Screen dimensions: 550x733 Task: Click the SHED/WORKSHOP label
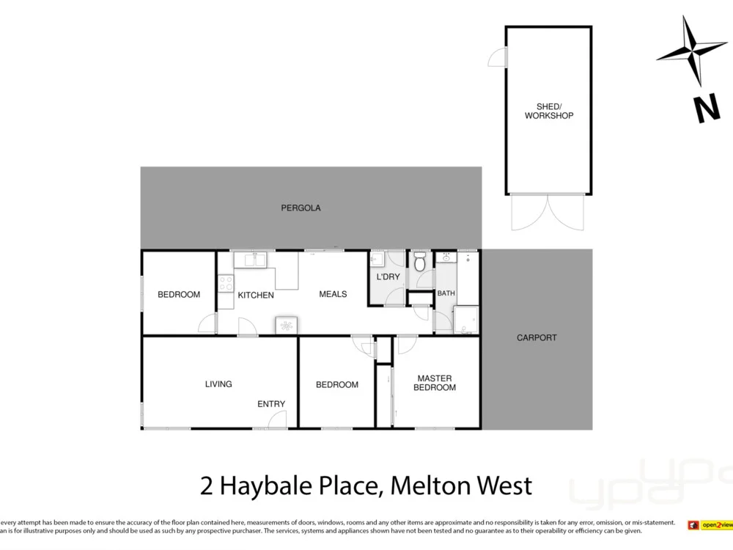(548, 111)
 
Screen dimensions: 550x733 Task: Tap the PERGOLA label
(301, 208)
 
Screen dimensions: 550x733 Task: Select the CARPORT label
(537, 338)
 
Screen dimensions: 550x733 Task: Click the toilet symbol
(420, 262)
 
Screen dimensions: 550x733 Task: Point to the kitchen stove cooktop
(225, 283)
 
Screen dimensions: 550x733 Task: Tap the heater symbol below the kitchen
(286, 326)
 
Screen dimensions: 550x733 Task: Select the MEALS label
(333, 294)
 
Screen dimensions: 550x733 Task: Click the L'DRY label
(388, 277)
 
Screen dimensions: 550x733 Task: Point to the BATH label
(446, 293)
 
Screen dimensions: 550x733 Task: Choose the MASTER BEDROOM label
(435, 383)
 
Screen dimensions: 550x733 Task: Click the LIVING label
(218, 384)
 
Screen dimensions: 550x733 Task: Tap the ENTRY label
(271, 404)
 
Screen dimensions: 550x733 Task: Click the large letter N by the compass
(707, 110)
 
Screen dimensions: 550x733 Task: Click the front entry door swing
(277, 419)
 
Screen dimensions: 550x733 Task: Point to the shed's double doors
(548, 213)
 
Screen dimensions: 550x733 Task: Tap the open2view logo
(707, 525)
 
